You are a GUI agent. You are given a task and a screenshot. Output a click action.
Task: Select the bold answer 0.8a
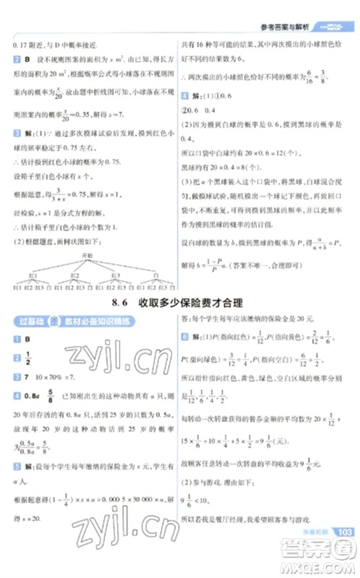[x=30, y=396]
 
